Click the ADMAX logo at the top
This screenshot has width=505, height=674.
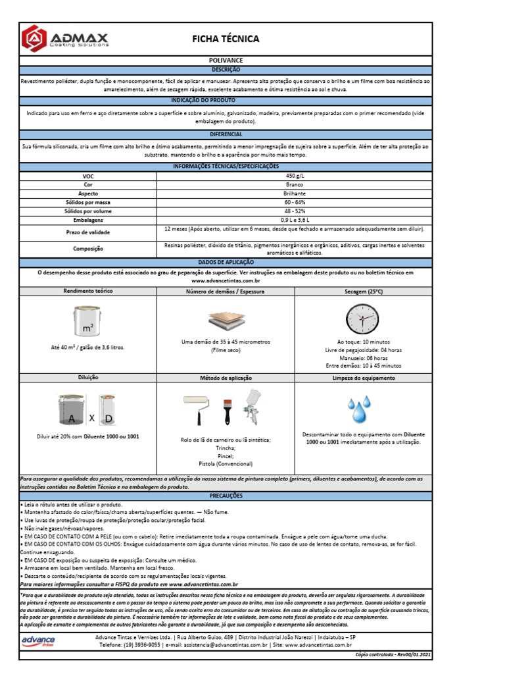click(65, 38)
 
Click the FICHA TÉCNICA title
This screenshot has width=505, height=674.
click(226, 39)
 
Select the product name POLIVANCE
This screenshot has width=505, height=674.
click(226, 60)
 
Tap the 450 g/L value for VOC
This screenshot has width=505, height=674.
click(295, 176)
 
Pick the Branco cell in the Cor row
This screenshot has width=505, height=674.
click(295, 186)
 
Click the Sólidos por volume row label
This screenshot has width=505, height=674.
click(88, 211)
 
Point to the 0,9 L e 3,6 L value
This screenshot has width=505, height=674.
click(295, 219)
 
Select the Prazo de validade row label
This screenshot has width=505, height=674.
click(88, 232)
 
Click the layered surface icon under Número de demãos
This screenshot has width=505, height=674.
click(226, 321)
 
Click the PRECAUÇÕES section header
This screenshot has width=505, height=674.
click(226, 495)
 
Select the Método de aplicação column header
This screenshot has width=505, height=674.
click(226, 378)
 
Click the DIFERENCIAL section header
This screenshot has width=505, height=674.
click(226, 134)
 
